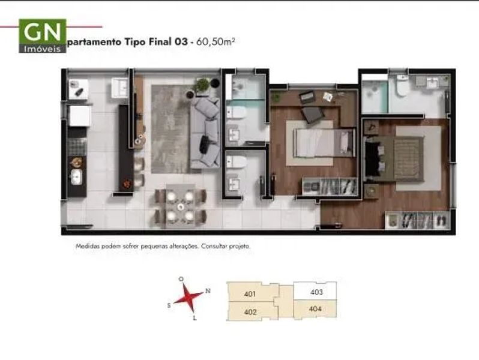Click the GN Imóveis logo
pyautogui.click(x=43, y=36)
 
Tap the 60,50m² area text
pyautogui.click(x=215, y=41)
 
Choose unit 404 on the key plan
pyautogui.click(x=315, y=309)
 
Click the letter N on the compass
pyautogui.click(x=208, y=290)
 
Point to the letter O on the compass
pyautogui.click(x=181, y=279)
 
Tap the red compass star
pyautogui.click(x=188, y=298)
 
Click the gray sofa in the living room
pyautogui.click(x=205, y=133)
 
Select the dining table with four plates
pyautogui.click(x=181, y=206)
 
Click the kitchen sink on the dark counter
pyautogui.click(x=76, y=177)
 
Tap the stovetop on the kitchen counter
pyautogui.click(x=76, y=147)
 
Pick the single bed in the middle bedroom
pyautogui.click(x=324, y=143)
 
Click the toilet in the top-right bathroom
pyautogui.click(x=402, y=85)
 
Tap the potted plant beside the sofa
pyautogui.click(x=202, y=85)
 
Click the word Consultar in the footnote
pyautogui.click(x=214, y=246)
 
